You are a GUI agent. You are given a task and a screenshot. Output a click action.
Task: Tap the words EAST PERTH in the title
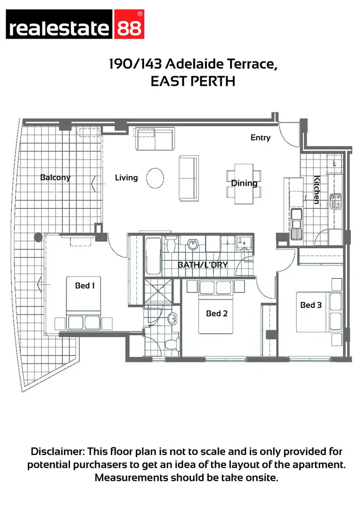coord(192,81)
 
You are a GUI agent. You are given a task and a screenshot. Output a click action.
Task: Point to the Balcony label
coord(55,177)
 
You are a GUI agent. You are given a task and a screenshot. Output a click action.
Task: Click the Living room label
coord(126,178)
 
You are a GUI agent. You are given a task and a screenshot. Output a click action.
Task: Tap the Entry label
coord(261,138)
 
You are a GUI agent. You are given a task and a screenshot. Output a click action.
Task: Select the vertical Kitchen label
coord(317,190)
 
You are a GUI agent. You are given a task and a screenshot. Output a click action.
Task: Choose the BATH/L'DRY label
coord(203,265)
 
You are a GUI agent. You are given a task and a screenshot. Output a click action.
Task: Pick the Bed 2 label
coord(216,314)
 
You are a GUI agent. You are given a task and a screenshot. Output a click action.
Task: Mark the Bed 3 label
coord(311,305)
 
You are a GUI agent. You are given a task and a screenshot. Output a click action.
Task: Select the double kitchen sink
coord(297,223)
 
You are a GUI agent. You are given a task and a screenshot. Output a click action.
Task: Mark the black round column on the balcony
coord(38,237)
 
